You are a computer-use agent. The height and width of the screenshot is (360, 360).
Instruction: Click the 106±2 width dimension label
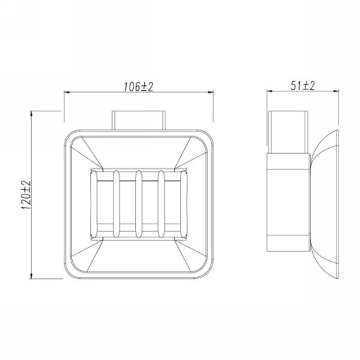coord(138,87)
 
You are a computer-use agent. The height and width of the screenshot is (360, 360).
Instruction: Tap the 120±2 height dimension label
coord(26,195)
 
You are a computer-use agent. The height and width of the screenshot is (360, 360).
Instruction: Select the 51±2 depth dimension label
coord(303,86)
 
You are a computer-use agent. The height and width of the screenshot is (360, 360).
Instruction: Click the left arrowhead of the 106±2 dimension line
coord(67,92)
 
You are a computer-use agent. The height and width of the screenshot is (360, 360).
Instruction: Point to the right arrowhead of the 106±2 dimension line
coord(210,92)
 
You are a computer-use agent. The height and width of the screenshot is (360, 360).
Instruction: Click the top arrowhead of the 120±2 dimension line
coord(31,114)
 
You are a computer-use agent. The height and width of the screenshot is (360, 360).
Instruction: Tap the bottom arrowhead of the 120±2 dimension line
coord(31,276)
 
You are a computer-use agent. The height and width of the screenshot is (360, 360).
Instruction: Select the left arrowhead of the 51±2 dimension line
coord(269,91)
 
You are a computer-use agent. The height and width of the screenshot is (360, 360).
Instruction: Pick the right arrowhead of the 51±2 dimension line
coord(336,91)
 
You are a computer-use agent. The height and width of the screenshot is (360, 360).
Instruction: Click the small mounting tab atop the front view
coord(138,120)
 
